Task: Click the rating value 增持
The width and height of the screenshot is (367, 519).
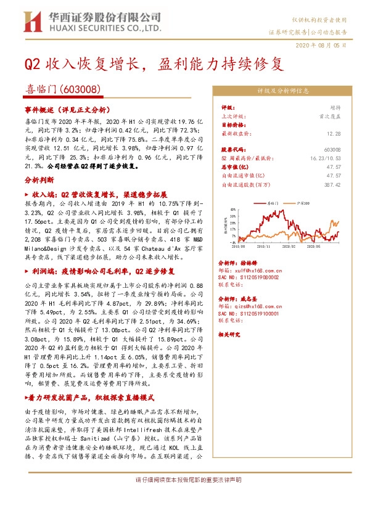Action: [x=335, y=107]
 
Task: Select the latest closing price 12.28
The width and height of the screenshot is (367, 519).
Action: [x=334, y=133]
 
